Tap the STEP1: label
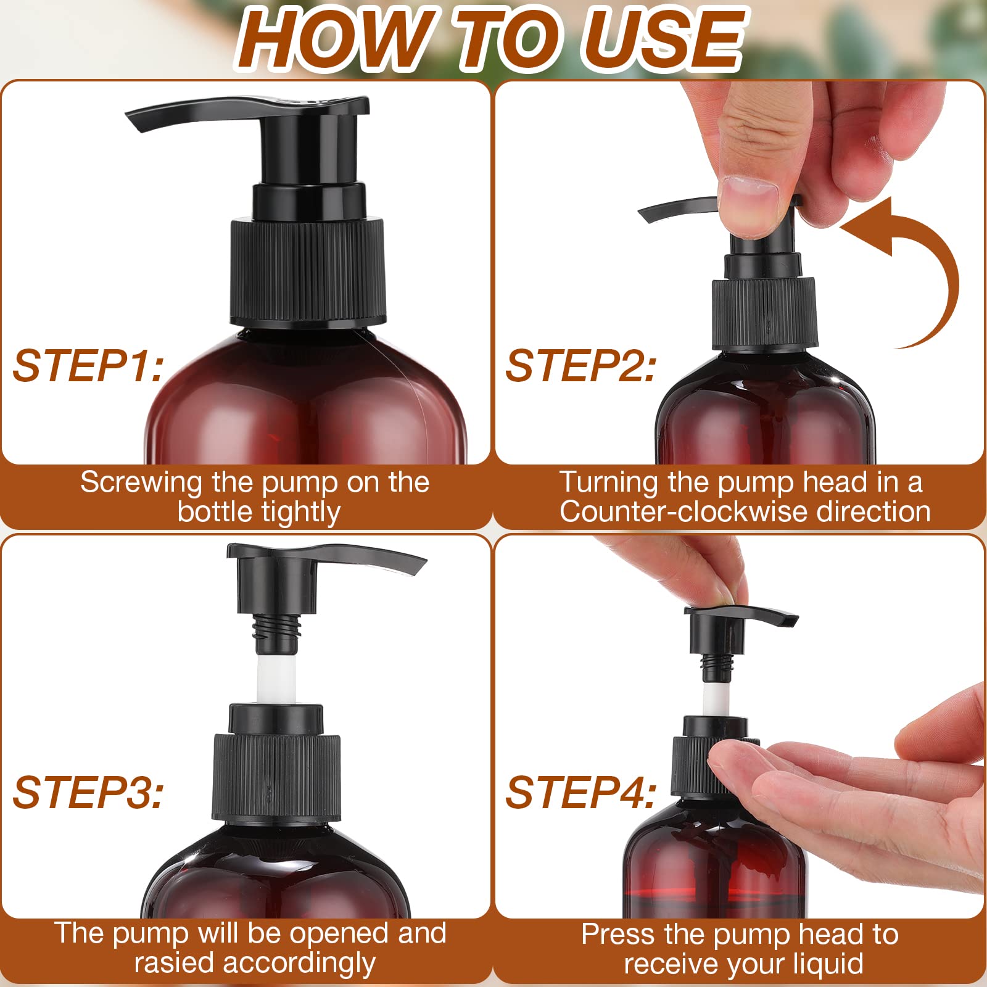pos(88,366)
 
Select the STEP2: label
pos(580,366)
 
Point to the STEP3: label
pos(88,793)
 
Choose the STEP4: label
pos(580,793)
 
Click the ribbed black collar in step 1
pos(308,271)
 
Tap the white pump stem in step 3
pos(276,679)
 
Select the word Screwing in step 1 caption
pos(141,482)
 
